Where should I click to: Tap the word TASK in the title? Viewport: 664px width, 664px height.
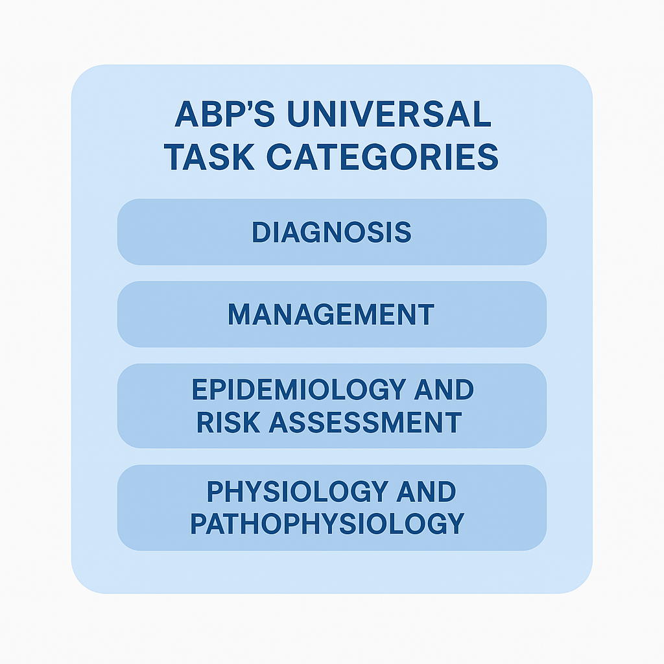pos(209,157)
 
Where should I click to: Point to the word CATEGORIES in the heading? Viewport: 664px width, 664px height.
pos(383,157)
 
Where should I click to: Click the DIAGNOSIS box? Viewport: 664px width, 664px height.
pos(331,232)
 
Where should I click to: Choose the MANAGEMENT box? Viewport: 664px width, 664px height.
pos(331,314)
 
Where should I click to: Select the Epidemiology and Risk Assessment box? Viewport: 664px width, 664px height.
pos(331,406)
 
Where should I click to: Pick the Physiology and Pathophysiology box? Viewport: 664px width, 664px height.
pos(331,508)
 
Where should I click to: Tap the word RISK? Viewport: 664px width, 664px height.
pos(228,423)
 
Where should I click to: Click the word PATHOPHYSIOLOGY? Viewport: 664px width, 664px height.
pos(327,523)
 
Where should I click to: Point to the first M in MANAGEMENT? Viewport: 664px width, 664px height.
pos(240,314)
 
